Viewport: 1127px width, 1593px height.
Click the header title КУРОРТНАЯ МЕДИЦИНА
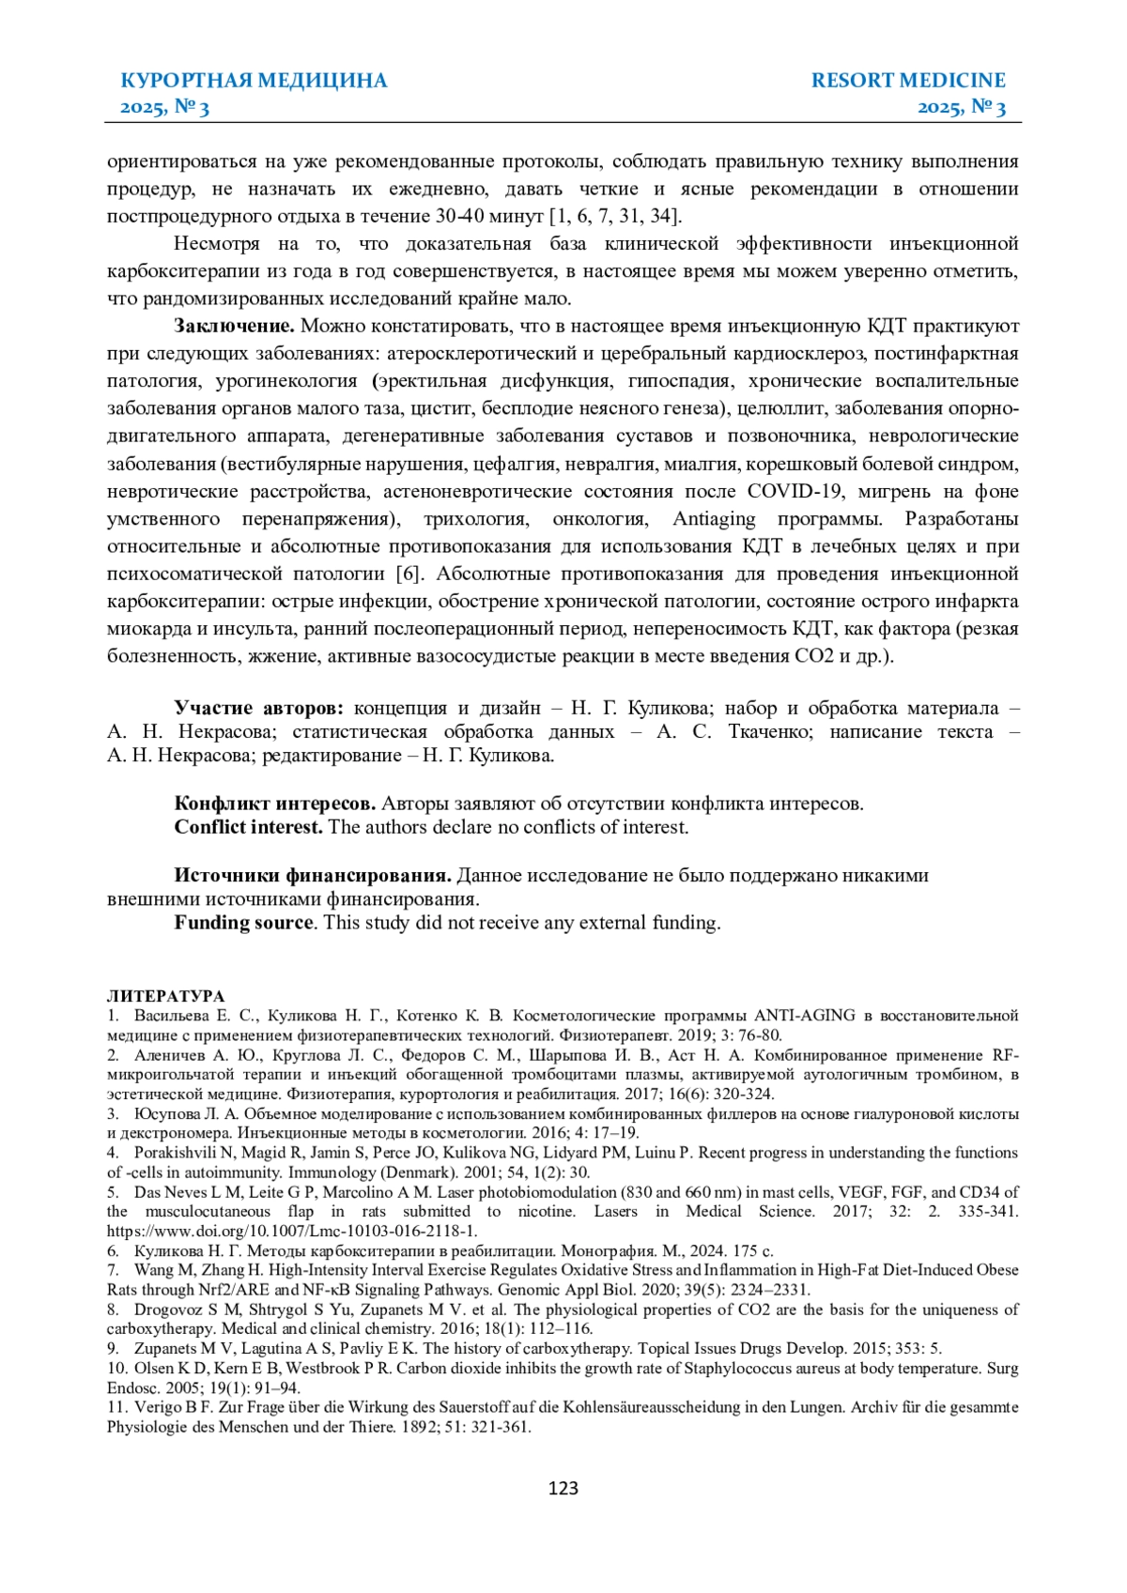pyautogui.click(x=254, y=81)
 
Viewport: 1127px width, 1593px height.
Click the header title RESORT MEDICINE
pyautogui.click(x=908, y=81)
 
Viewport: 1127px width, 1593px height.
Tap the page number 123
pyautogui.click(x=563, y=1488)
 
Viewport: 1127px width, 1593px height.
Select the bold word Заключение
pyautogui.click(x=234, y=327)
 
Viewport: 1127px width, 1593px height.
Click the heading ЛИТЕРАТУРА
pyautogui.click(x=165, y=996)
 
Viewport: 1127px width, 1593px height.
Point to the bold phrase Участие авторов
pyautogui.click(x=258, y=709)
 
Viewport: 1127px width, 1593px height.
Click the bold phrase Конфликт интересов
pyautogui.click(x=275, y=804)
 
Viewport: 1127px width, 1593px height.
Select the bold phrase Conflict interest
pyautogui.click(x=248, y=828)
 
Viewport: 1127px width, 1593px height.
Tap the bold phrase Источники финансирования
pyautogui.click(x=313, y=876)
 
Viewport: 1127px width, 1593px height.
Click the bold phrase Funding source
pyautogui.click(x=243, y=923)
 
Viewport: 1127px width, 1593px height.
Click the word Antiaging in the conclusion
pyautogui.click(x=714, y=519)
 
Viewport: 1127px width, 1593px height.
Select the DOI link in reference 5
pyautogui.click(x=292, y=1231)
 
